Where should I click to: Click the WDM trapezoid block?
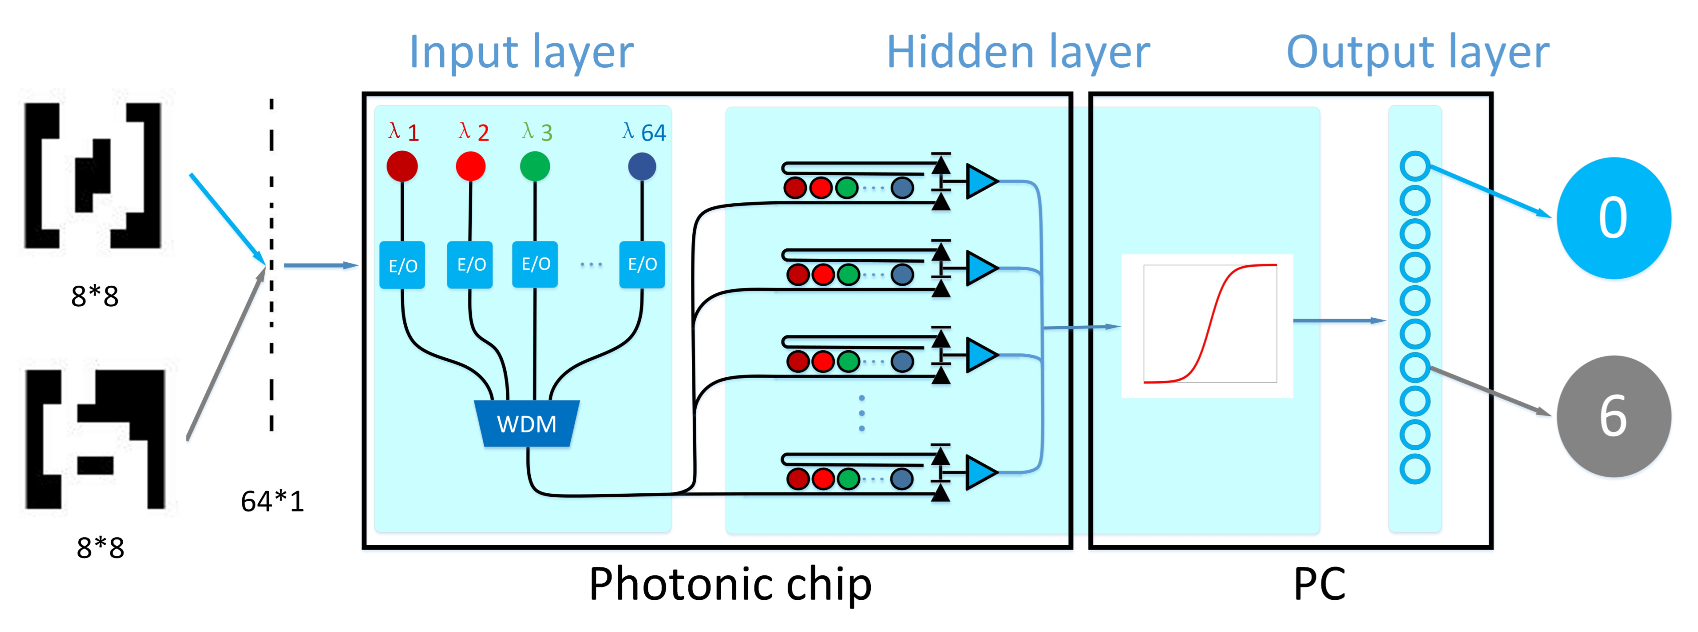click(x=527, y=423)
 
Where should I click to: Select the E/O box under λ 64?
click(x=642, y=265)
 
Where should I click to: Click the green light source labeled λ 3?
click(x=535, y=165)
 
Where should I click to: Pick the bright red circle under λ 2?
click(x=471, y=165)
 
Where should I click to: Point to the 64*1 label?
click(x=272, y=501)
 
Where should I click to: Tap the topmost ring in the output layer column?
click(x=1415, y=166)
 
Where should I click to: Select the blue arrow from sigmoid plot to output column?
click(x=1339, y=320)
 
